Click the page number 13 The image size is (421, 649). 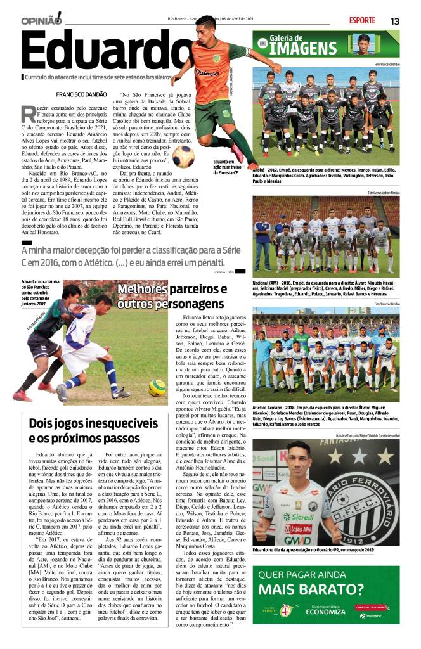(394, 21)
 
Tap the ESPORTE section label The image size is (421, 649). (361, 20)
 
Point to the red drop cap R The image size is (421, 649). (28, 115)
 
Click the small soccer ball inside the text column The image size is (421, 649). (183, 156)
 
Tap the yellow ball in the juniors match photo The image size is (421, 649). (157, 387)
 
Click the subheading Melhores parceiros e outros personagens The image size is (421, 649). (172, 296)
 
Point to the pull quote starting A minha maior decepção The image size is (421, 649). (127, 258)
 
